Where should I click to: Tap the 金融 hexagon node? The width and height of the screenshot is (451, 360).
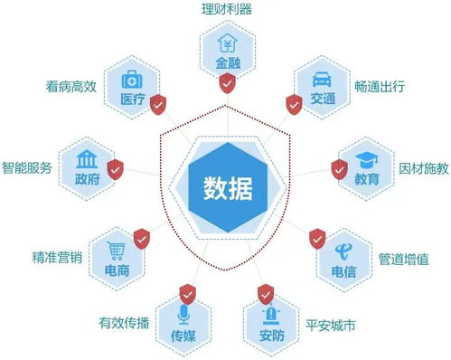[x=225, y=54]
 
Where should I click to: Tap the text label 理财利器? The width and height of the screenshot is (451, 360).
[x=226, y=10]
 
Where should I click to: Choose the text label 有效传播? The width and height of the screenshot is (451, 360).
[x=123, y=323]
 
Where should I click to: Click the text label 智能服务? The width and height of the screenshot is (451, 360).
[x=26, y=168]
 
